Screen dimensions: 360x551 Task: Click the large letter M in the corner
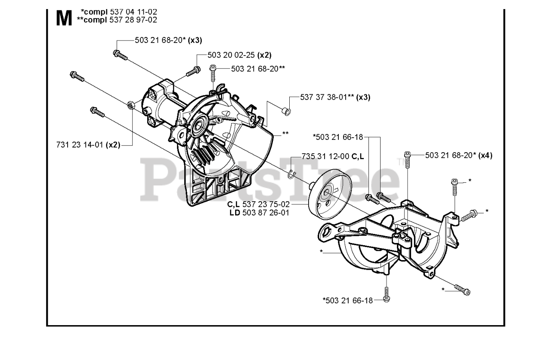coord(64,18)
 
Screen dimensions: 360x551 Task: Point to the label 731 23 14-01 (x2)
coord(87,145)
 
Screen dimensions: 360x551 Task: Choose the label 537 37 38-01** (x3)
coord(329,97)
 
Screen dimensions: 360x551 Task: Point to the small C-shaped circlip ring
coord(292,173)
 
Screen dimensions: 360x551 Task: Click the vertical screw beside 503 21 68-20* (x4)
coord(407,160)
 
